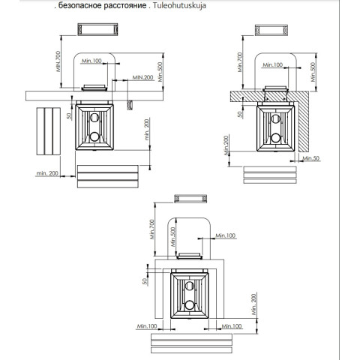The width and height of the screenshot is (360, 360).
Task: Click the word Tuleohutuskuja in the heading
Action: click(179, 5)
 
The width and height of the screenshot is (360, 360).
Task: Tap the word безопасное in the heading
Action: click(77, 5)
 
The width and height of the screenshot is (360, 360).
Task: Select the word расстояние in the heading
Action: click(125, 5)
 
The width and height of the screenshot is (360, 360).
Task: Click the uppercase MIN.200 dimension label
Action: click(142, 77)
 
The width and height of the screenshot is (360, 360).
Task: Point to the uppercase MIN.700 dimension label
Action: click(58, 61)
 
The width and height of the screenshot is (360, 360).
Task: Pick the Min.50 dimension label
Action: click(311, 158)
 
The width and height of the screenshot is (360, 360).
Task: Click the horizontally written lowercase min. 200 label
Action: click(47, 173)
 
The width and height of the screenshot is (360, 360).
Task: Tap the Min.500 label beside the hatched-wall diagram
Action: click(313, 72)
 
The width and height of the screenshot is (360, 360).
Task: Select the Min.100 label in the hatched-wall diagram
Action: click(273, 64)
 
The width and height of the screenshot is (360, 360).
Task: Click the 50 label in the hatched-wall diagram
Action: click(240, 114)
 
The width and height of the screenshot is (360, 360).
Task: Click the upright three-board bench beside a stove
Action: click(49, 131)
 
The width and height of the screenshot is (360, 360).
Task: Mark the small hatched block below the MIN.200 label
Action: click(130, 105)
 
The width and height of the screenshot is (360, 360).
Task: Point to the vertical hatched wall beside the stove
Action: click(303, 121)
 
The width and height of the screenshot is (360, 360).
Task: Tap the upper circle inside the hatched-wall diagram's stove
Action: click(275, 118)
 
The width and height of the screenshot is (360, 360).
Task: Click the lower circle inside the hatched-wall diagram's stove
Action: click(275, 138)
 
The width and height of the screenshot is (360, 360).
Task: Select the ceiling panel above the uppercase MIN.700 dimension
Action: click(97, 29)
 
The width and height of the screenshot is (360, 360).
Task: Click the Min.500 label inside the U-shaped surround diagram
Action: click(173, 237)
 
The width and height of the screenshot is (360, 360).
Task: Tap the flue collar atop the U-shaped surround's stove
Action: click(189, 256)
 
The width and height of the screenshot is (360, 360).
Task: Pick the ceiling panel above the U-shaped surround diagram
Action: click(190, 199)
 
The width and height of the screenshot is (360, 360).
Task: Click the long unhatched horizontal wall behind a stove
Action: click(94, 96)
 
